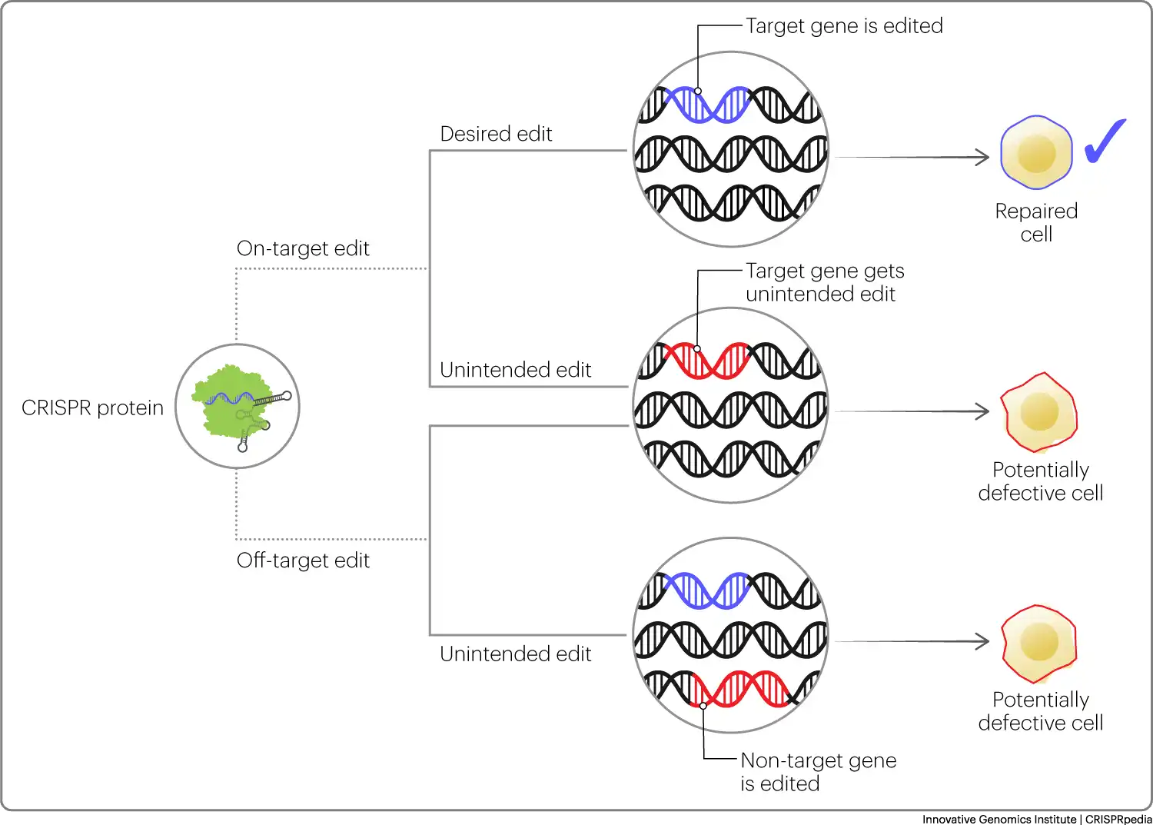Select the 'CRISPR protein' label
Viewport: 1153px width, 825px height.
click(93, 408)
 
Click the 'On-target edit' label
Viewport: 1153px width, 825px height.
click(303, 248)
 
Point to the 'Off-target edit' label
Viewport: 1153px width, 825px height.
click(303, 561)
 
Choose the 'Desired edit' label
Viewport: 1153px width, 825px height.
click(496, 134)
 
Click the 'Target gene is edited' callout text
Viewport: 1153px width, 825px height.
click(844, 25)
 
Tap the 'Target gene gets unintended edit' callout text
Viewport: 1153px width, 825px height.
click(825, 282)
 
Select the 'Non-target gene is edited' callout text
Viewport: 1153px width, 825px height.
click(819, 772)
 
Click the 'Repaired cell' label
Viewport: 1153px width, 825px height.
click(1036, 222)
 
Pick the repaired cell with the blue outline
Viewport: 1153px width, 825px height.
click(1036, 152)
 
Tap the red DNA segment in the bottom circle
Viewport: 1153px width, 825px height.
click(741, 689)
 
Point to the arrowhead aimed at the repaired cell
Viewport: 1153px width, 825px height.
click(982, 157)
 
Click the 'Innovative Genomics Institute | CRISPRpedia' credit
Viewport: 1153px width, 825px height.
click(1037, 819)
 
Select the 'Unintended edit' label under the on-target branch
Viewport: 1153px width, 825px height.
click(515, 370)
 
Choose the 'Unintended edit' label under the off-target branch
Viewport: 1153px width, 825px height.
click(515, 654)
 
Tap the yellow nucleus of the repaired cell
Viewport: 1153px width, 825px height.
click(1037, 154)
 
